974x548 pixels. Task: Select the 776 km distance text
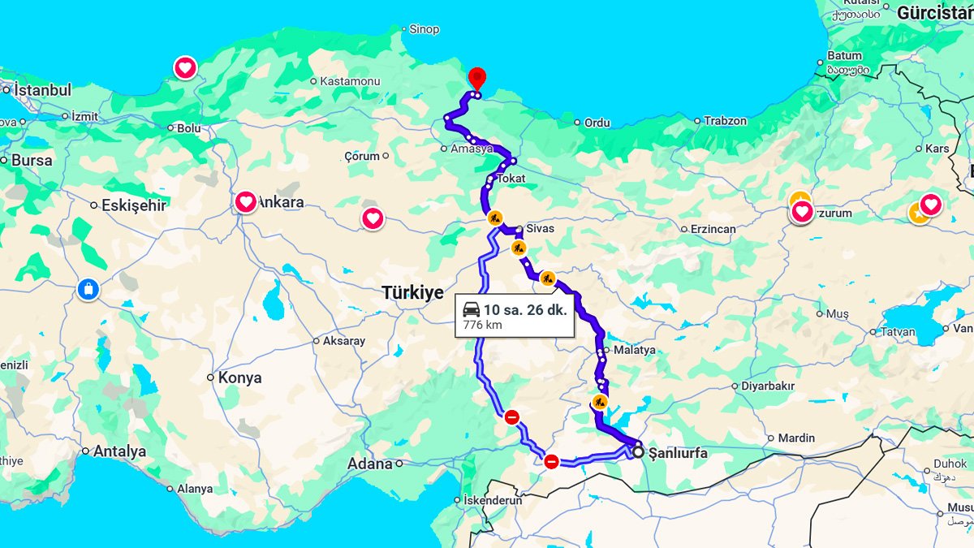click(x=482, y=325)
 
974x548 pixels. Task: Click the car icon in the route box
click(x=471, y=309)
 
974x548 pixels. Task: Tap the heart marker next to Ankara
click(x=246, y=201)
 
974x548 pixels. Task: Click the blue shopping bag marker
click(x=88, y=288)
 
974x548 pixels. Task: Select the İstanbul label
click(x=43, y=90)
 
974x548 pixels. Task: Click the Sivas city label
click(x=540, y=228)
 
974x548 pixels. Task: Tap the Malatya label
click(x=634, y=350)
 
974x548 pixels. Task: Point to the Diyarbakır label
click(x=767, y=386)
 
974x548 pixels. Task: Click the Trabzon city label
click(x=725, y=120)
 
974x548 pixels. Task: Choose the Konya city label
click(x=239, y=378)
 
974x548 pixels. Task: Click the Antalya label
click(x=119, y=451)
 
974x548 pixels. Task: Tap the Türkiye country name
click(x=413, y=293)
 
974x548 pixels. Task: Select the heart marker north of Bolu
click(x=185, y=67)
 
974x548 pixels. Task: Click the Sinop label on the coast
click(x=424, y=29)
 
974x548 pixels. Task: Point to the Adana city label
click(x=370, y=464)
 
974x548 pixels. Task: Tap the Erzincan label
click(x=713, y=229)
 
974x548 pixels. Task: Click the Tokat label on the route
click(x=511, y=178)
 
